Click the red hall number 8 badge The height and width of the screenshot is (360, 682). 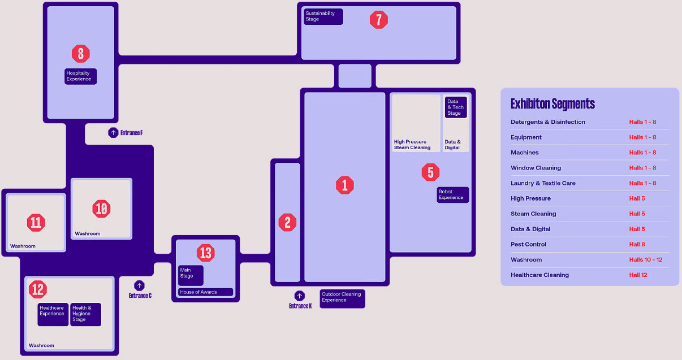[x=81, y=54]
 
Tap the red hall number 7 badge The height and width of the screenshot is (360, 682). [x=379, y=20]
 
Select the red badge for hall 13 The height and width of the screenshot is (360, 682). [x=206, y=253]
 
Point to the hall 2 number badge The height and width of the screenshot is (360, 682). [x=287, y=222]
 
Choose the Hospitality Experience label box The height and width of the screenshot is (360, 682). [x=80, y=76]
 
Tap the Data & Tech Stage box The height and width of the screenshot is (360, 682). [x=455, y=107]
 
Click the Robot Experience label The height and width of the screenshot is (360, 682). [x=452, y=195]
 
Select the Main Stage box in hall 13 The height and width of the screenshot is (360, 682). [x=191, y=275]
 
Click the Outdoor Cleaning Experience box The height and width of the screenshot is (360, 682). [x=342, y=298]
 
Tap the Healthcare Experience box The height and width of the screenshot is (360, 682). [x=53, y=314]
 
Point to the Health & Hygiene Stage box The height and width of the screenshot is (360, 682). [x=86, y=314]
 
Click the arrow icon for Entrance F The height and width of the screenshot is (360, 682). [x=113, y=133]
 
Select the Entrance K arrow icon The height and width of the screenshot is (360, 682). [x=300, y=296]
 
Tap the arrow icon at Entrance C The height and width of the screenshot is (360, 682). [x=139, y=286]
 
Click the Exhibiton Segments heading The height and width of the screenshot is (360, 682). [x=552, y=104]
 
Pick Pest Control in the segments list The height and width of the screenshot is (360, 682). [x=528, y=245]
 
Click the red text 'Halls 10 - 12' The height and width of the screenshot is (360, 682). [x=645, y=260]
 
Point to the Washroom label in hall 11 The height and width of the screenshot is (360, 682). [x=23, y=246]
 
